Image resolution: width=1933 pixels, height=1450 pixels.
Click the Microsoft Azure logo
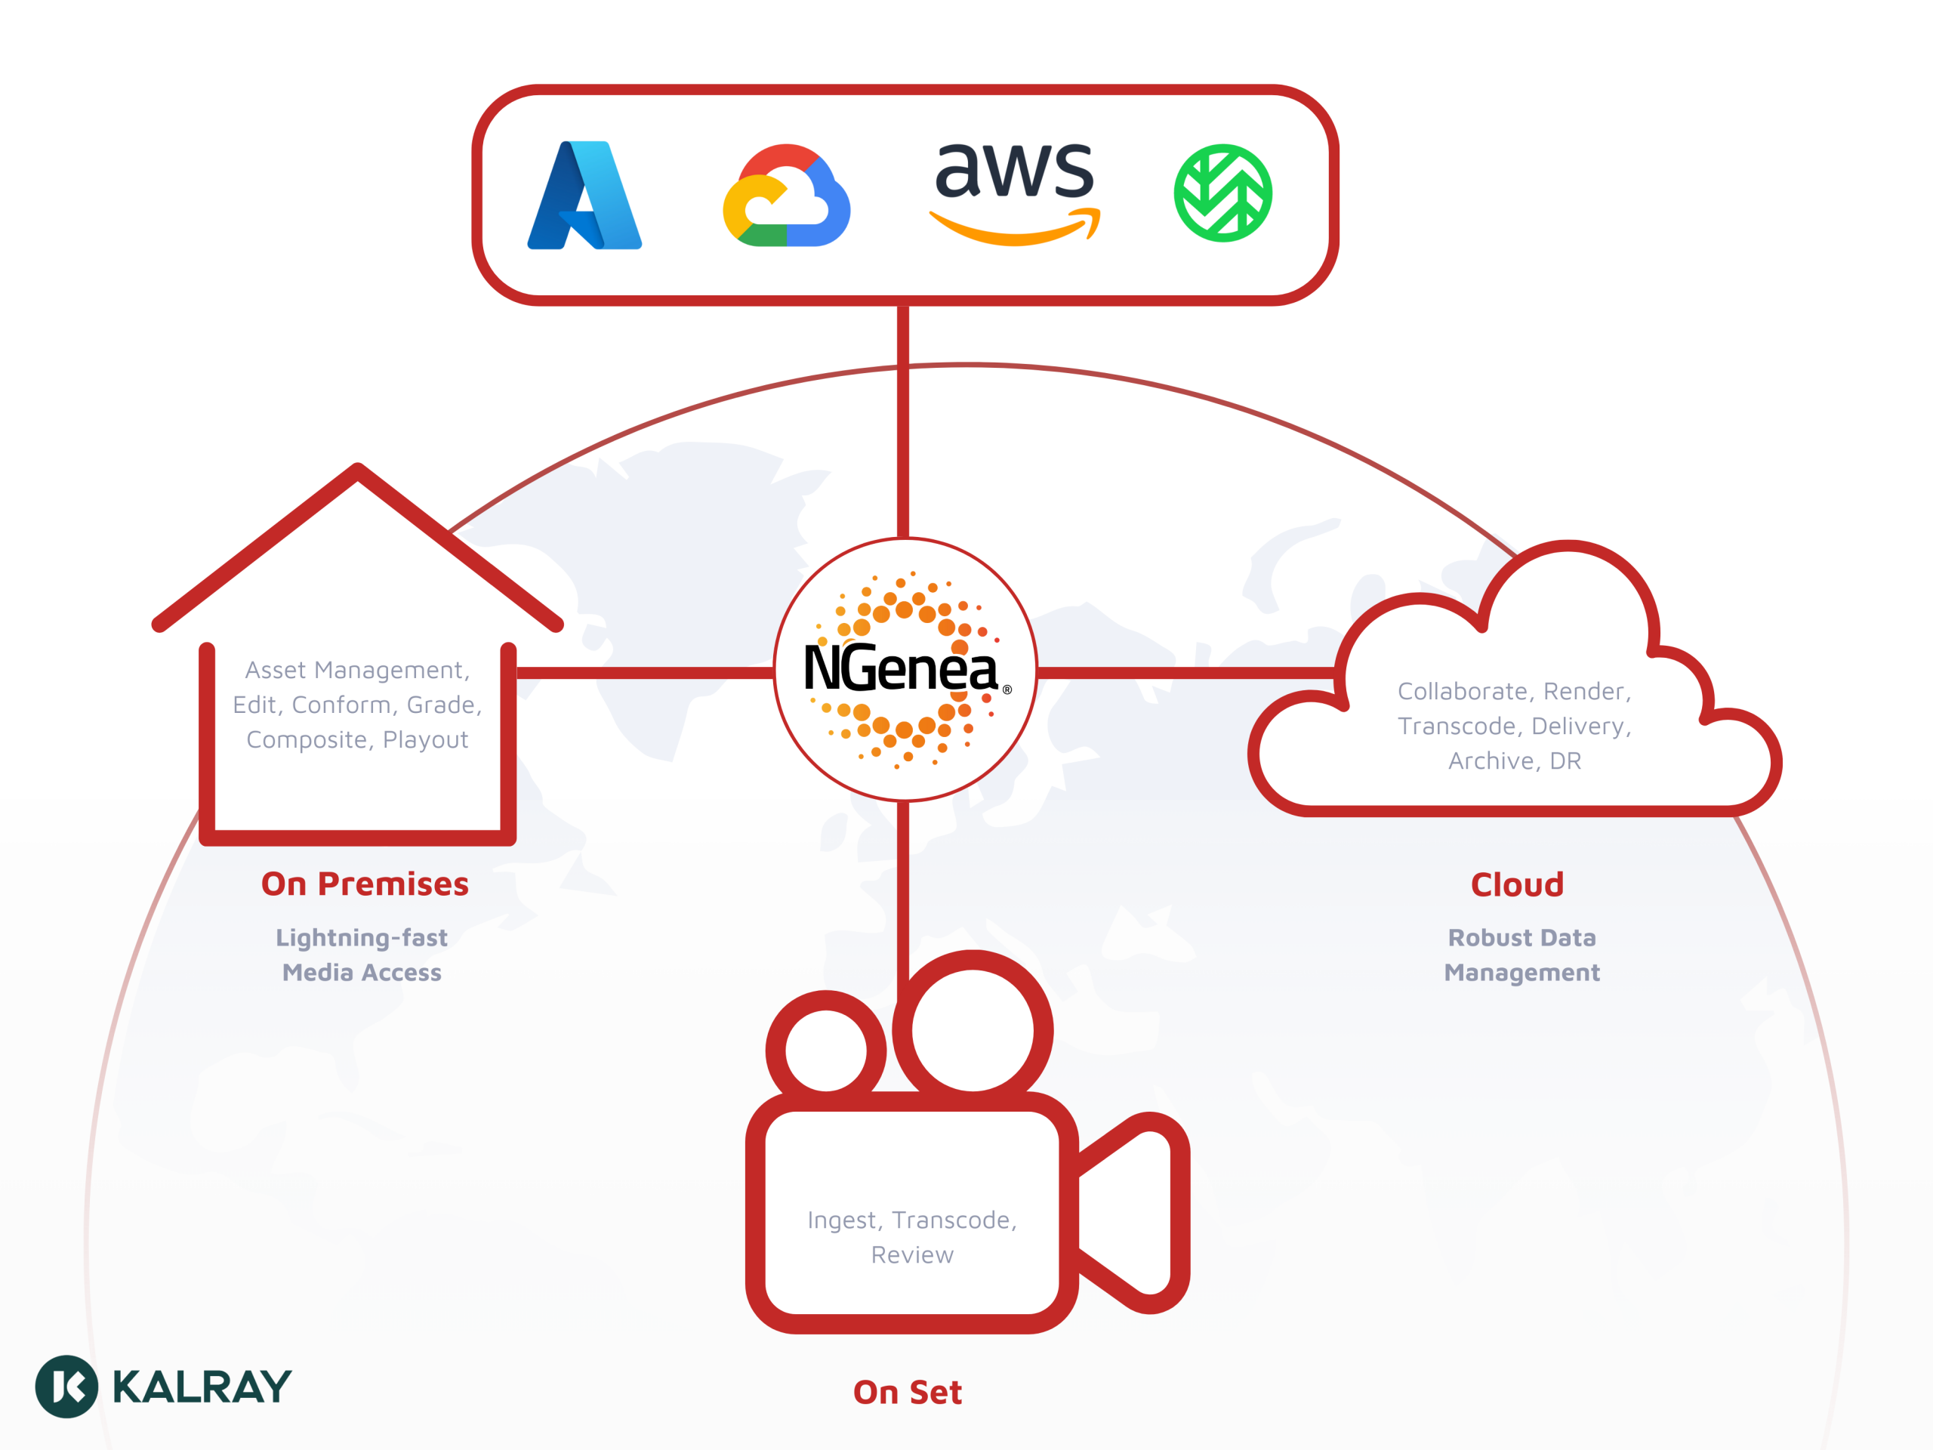pyautogui.click(x=584, y=195)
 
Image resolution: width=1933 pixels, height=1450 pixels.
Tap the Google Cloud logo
pyautogui.click(x=787, y=195)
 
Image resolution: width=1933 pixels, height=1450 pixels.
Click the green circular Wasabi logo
pyautogui.click(x=1222, y=193)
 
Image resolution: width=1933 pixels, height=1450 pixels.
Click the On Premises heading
pyautogui.click(x=365, y=884)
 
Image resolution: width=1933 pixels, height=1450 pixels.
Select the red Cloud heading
pyautogui.click(x=1517, y=884)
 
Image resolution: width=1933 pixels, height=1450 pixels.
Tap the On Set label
pyautogui.click(x=908, y=1393)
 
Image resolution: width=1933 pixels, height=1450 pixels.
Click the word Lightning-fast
pyautogui.click(x=362, y=938)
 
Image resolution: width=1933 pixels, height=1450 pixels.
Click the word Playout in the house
pyautogui.click(x=426, y=740)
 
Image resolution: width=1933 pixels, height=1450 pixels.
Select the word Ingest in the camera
pyautogui.click(x=843, y=1220)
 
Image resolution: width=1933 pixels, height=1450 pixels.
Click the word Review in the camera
pyautogui.click(x=912, y=1255)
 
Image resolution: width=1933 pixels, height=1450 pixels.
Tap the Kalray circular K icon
pyautogui.click(x=66, y=1387)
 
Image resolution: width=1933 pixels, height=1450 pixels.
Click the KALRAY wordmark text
pyautogui.click(x=202, y=1387)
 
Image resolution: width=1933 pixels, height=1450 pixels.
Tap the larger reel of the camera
pyautogui.click(x=973, y=1029)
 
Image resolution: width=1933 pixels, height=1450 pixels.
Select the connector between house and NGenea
pyautogui.click(x=645, y=673)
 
